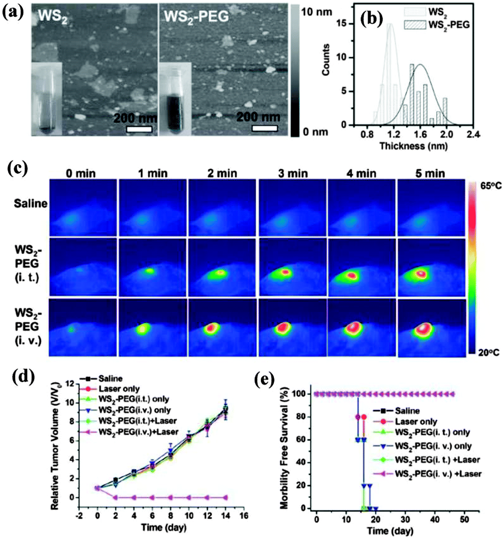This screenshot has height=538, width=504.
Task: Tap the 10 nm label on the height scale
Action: point(316,12)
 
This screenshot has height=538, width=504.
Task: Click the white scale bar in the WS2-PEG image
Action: point(265,128)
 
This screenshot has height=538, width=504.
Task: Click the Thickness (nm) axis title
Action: point(413,146)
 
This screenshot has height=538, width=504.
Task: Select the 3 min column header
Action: point(292,173)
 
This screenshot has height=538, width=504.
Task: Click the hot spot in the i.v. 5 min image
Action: point(424,328)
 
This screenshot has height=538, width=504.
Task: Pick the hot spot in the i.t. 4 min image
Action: point(352,276)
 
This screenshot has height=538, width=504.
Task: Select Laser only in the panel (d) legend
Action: point(119,389)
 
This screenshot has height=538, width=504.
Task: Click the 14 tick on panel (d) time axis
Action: point(226,516)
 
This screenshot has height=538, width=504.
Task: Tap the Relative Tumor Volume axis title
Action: point(55,446)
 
